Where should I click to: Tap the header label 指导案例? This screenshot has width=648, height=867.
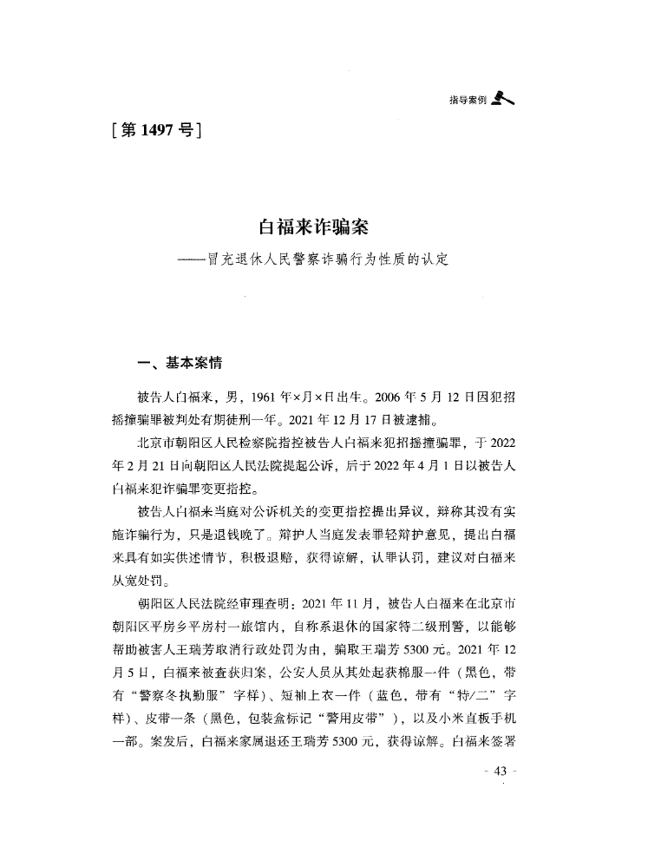(467, 101)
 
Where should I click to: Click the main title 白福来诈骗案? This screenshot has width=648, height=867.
(315, 227)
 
